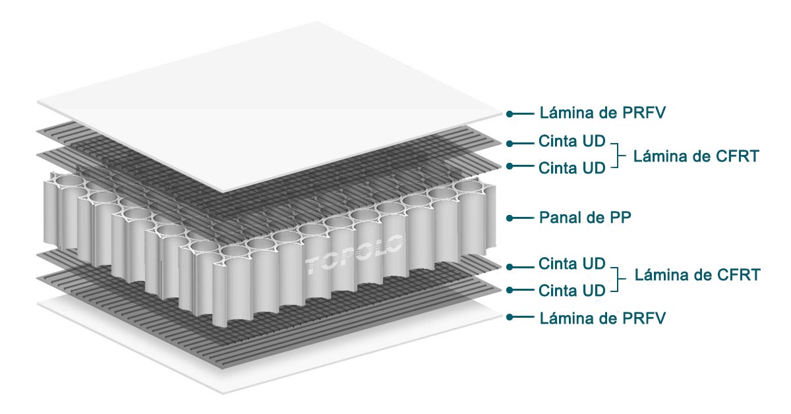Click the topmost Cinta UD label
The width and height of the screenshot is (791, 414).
pos(571,142)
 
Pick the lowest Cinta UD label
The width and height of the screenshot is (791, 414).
pos(571,290)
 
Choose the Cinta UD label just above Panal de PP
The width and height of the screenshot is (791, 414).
pos(571,167)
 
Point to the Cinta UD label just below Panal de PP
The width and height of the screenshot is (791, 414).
pos(571,264)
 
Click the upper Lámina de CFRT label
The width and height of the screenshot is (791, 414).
pos(696,156)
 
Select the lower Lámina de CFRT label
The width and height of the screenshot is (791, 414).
pos(697,275)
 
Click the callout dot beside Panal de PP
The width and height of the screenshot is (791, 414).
pos(510,217)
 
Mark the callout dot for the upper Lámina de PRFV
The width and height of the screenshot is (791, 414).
pos(510,113)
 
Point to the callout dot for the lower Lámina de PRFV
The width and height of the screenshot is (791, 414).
pos(510,318)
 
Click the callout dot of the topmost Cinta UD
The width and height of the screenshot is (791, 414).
pos(510,142)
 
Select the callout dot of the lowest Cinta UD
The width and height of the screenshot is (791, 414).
pos(510,290)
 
